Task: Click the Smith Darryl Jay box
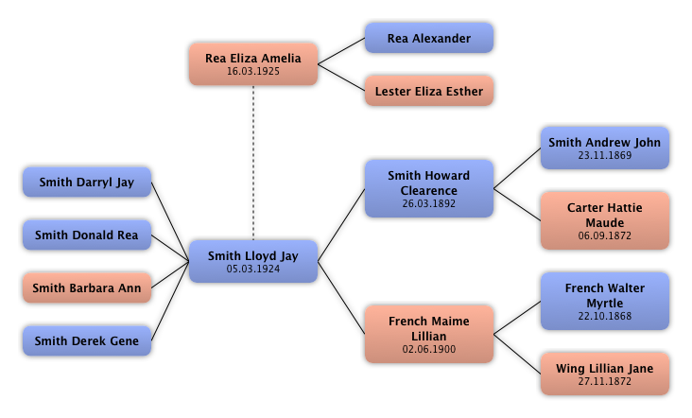(x=86, y=183)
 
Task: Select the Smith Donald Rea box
(x=86, y=235)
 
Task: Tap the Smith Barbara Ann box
(x=86, y=288)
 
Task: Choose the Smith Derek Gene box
(x=86, y=341)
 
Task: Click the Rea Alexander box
(x=428, y=39)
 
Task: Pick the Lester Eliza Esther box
(x=428, y=92)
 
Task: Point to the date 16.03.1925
(x=253, y=72)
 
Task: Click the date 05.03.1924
(x=253, y=270)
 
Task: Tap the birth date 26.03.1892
(x=428, y=203)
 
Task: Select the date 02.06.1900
(x=428, y=349)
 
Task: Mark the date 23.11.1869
(x=604, y=156)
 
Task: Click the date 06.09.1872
(x=604, y=235)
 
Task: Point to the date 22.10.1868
(x=604, y=316)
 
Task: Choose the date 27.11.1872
(x=604, y=382)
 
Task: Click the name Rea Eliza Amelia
(x=253, y=59)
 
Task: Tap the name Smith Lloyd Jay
(x=253, y=256)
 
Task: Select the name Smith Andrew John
(x=604, y=143)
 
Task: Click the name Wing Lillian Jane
(x=604, y=369)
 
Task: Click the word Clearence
(x=428, y=190)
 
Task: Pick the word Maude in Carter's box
(x=604, y=222)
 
